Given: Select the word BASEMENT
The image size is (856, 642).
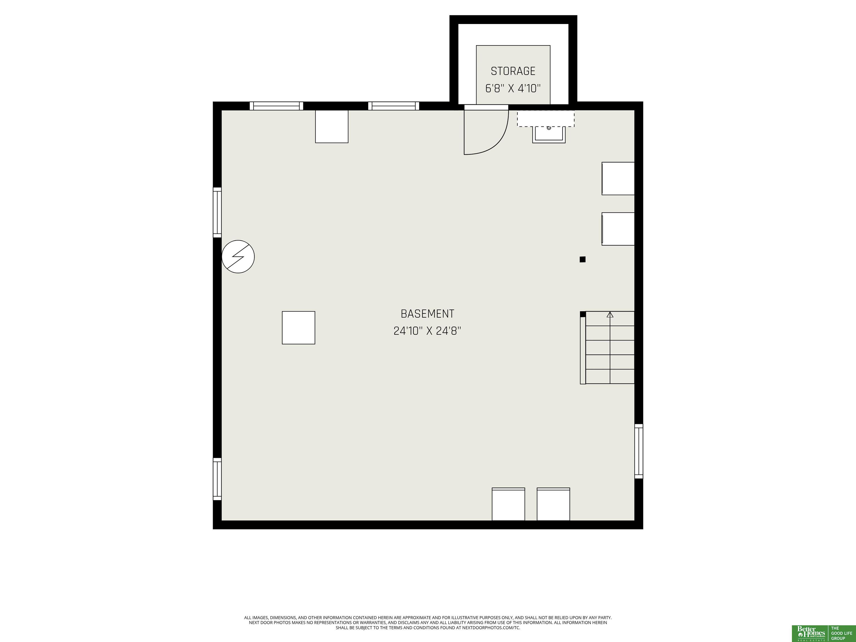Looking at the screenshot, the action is pos(427,313).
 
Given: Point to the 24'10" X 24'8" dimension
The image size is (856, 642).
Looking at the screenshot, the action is pos(427,331).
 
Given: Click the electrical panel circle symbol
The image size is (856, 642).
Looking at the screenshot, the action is pos(238,257).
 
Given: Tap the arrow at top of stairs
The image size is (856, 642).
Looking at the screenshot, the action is pos(610,315).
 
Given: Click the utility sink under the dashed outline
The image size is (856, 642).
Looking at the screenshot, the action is pos(549,134).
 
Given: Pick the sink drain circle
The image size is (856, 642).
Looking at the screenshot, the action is pos(549,128).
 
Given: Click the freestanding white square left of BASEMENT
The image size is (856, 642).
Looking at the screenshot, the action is pos(298,327).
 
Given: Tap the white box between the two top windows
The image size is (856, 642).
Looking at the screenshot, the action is pos(332,126).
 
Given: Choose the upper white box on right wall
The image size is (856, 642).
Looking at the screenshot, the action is pos(618,178).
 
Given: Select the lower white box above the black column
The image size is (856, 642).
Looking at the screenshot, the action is pos(618,229).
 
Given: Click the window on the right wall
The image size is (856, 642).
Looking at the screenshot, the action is pos(639,451).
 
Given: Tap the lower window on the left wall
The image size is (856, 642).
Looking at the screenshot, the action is pos(217,479).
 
